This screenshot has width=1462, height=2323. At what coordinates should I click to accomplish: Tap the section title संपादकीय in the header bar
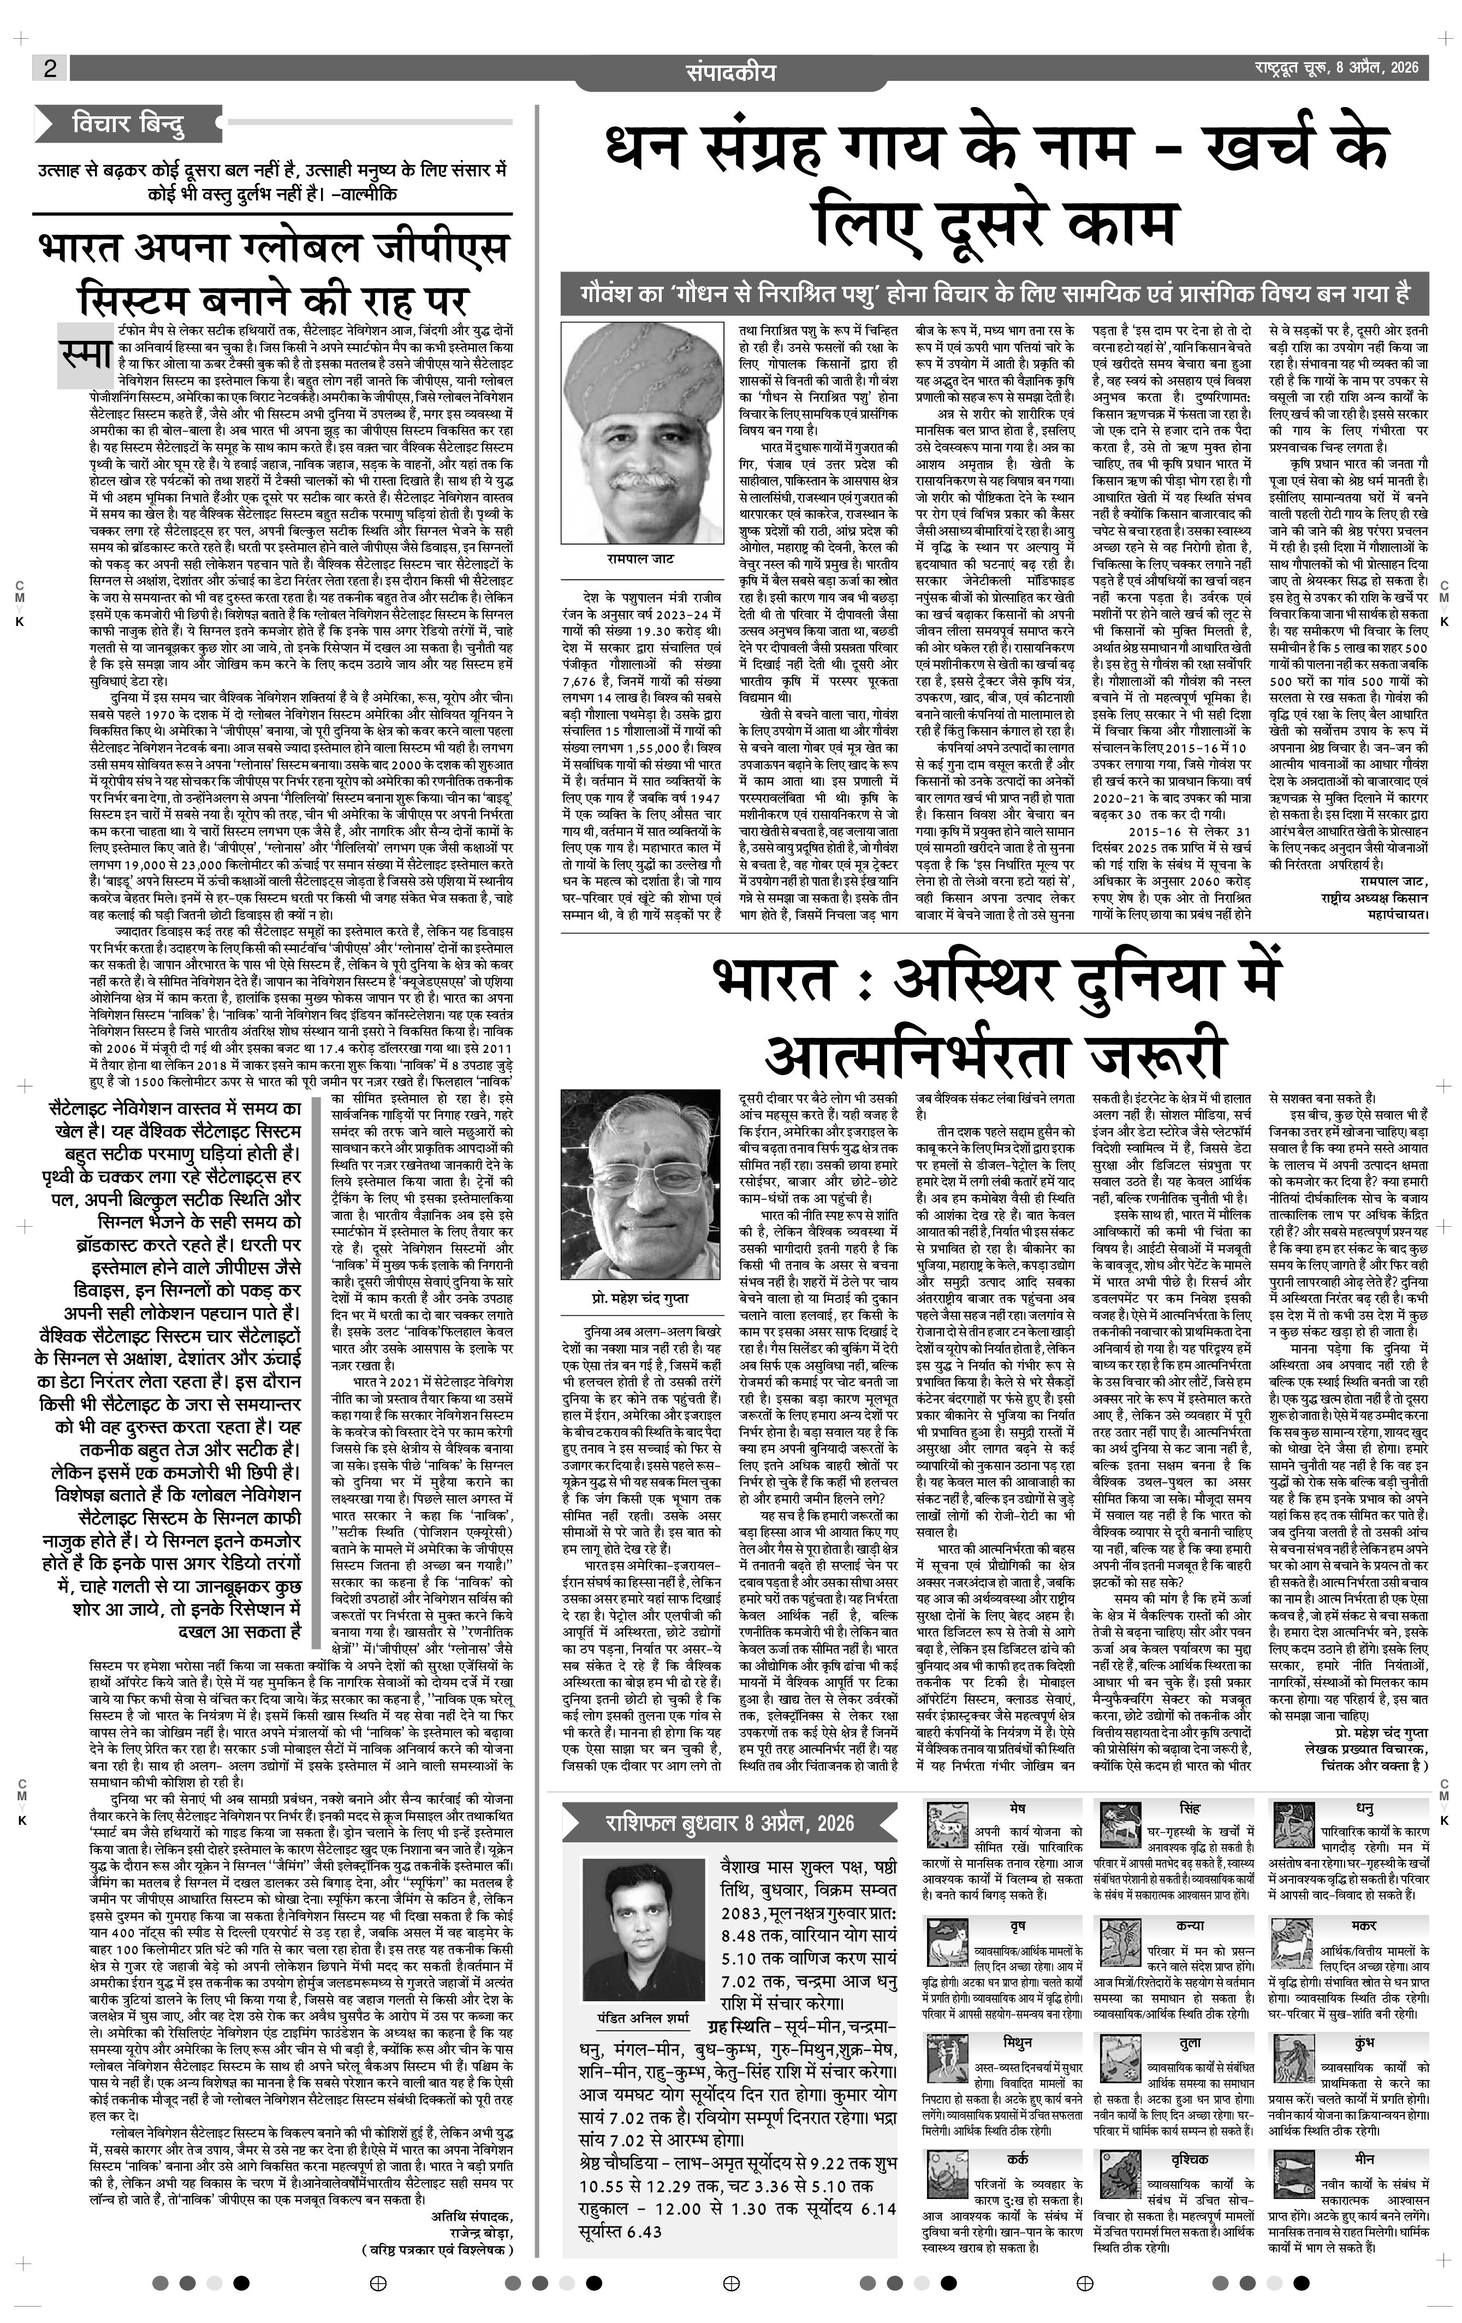click(730, 72)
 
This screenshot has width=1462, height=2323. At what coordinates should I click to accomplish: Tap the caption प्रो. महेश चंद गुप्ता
click(640, 1298)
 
